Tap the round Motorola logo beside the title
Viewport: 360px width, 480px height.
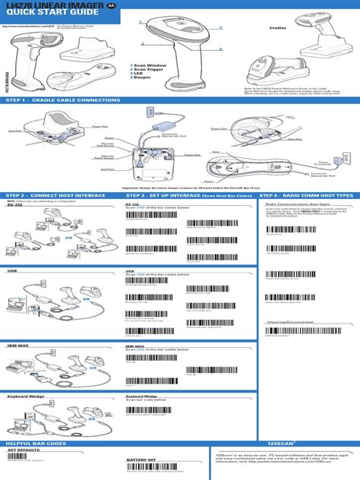112,6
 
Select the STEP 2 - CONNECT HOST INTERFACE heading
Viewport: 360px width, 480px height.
56,195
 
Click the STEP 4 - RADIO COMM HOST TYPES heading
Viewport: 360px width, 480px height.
307,195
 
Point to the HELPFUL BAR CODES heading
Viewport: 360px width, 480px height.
36,442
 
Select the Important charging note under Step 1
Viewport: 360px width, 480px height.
180,187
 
